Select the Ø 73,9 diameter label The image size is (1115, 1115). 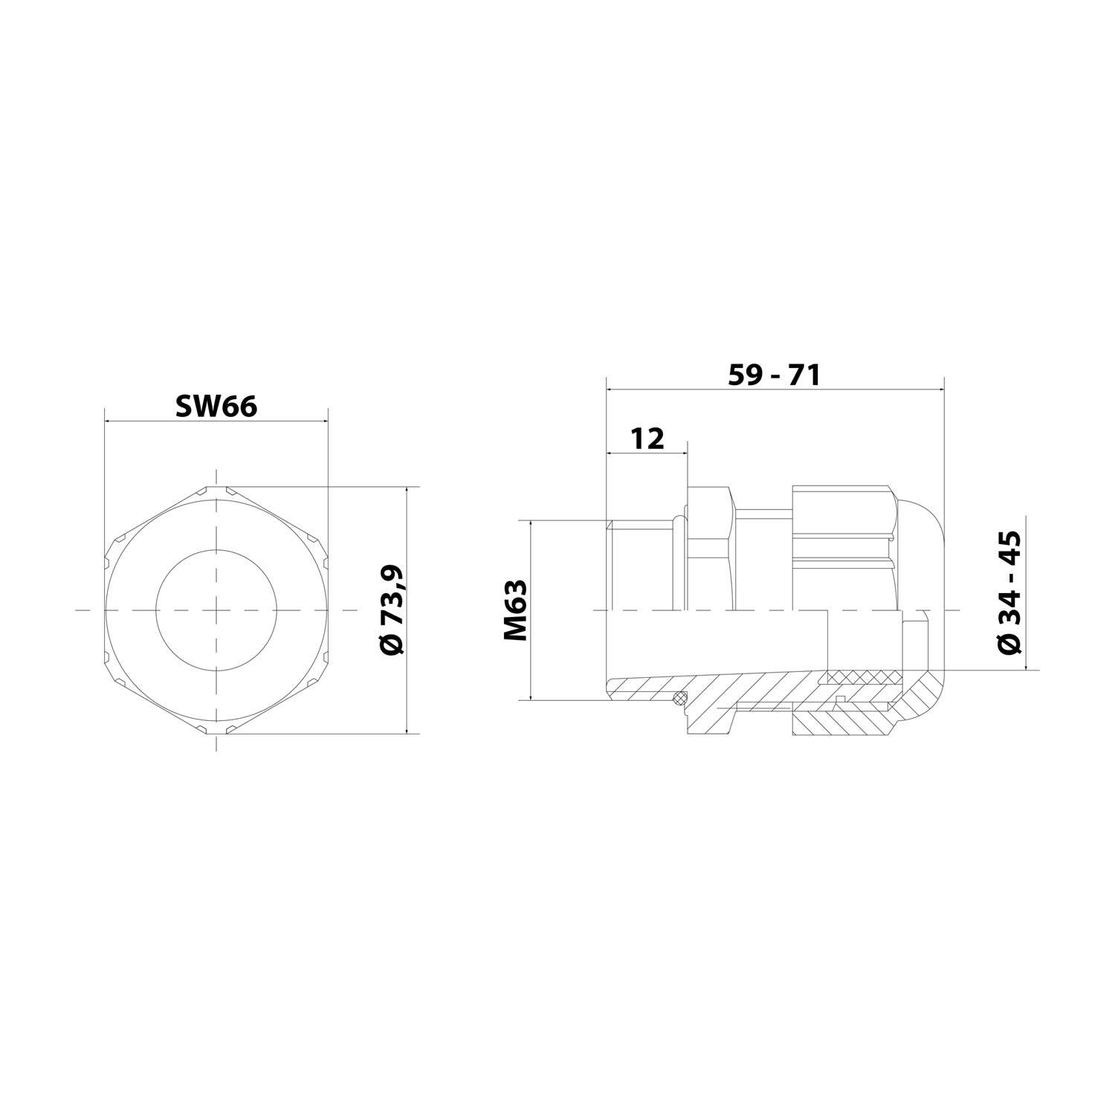[392, 610]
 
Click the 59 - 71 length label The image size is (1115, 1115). [774, 375]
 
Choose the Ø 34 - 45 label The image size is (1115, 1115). [1009, 592]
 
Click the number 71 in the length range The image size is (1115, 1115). [804, 375]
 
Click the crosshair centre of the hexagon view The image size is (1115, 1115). [216, 610]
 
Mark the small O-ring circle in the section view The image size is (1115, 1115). [678, 697]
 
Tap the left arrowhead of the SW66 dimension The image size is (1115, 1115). [109, 421]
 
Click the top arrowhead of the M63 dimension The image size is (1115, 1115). [531, 523]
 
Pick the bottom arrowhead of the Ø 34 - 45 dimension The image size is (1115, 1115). [1025, 667]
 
